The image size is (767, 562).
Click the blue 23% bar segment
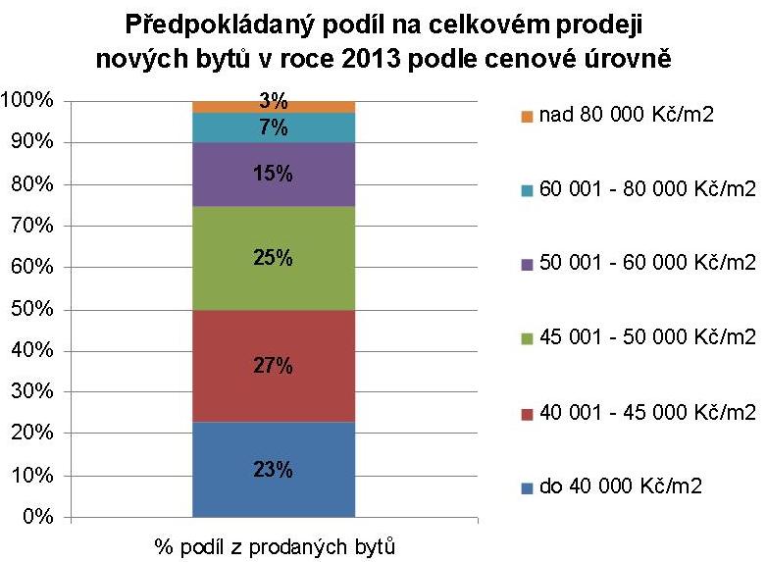(273, 469)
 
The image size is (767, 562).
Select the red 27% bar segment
(273, 365)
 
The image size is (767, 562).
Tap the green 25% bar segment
(273, 258)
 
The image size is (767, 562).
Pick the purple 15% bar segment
(273, 175)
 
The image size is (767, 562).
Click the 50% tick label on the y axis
(32, 309)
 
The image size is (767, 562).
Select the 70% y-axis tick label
(32, 226)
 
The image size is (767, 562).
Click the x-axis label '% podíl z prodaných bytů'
(274, 544)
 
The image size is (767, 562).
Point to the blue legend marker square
(527, 485)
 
